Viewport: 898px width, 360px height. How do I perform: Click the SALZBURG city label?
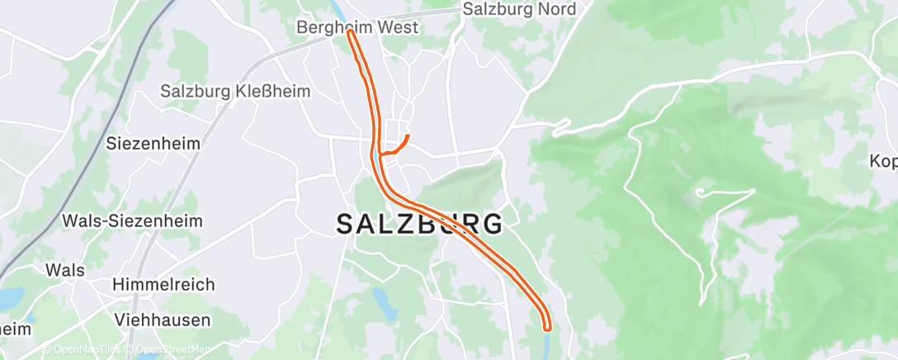pyautogui.click(x=419, y=224)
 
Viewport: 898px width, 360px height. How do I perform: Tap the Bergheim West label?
pyautogui.click(x=357, y=27)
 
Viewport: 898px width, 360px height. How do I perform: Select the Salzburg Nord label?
pyautogui.click(x=518, y=9)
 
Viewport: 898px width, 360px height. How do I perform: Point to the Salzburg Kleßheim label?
pyautogui.click(x=235, y=91)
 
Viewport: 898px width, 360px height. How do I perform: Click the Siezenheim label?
pyautogui.click(x=154, y=143)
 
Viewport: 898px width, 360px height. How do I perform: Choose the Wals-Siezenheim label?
pyautogui.click(x=132, y=221)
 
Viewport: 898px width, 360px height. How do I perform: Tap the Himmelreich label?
pyautogui.click(x=165, y=284)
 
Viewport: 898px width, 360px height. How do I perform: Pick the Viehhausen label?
pyautogui.click(x=163, y=320)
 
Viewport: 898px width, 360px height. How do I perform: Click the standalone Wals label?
pyautogui.click(x=65, y=270)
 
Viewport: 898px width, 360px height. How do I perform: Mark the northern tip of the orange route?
pyautogui.click(x=351, y=34)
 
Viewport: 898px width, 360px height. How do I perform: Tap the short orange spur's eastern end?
pyautogui.click(x=408, y=136)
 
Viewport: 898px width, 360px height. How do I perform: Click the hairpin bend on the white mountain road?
pyautogui.click(x=698, y=192)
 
